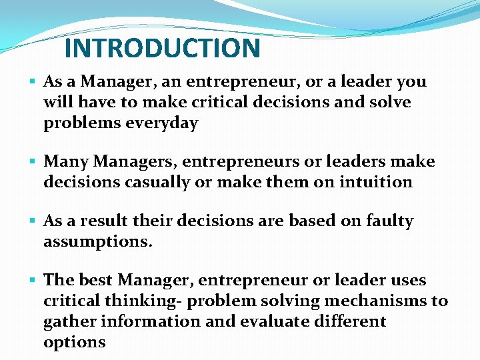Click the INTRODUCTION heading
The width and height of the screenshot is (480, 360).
[x=162, y=48]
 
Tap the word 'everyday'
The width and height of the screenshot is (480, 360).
[x=165, y=123]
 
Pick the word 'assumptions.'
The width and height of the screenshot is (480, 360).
[x=98, y=241]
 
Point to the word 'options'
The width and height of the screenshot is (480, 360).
[x=75, y=342]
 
